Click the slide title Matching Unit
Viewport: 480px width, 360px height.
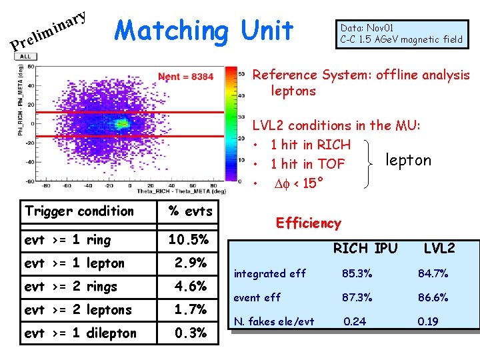click(x=204, y=30)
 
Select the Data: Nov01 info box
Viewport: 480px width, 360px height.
click(x=401, y=34)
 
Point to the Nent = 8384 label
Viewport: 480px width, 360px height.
click(x=186, y=77)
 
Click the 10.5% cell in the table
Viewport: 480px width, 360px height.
click(x=189, y=240)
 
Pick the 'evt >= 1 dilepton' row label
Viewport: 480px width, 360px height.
click(x=80, y=333)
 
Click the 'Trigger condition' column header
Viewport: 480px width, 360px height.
click(x=79, y=211)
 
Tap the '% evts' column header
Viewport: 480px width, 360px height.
click(x=190, y=211)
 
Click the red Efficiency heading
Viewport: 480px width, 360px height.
click(x=308, y=223)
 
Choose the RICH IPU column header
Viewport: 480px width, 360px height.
click(x=365, y=249)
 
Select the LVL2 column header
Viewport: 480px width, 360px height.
click(x=439, y=249)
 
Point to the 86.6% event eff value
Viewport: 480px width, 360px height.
click(x=433, y=297)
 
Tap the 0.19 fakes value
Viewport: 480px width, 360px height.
click(x=428, y=321)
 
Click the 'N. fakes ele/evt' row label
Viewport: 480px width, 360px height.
click(x=273, y=322)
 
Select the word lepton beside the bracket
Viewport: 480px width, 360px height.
click(x=408, y=160)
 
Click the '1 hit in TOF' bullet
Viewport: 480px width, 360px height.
click(x=307, y=163)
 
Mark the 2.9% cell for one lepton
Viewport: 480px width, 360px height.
click(x=190, y=263)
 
